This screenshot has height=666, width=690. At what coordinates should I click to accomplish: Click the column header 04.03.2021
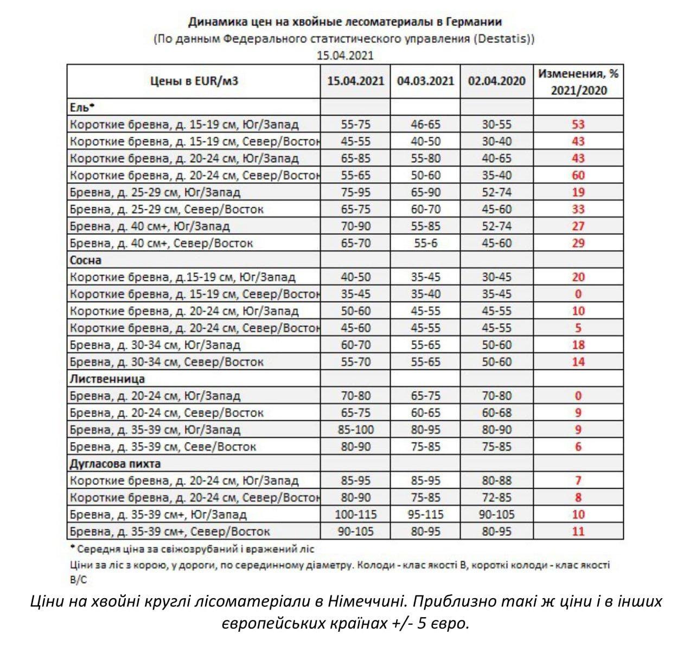click(425, 81)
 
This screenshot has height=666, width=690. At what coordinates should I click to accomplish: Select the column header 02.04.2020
click(496, 81)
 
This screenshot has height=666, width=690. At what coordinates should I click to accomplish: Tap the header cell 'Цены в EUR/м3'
click(194, 81)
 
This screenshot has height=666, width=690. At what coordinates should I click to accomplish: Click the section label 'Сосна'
click(86, 260)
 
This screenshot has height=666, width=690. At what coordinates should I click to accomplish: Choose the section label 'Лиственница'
click(107, 379)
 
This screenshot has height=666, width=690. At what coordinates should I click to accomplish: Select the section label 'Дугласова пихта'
click(115, 464)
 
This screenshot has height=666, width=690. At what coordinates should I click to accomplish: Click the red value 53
click(578, 124)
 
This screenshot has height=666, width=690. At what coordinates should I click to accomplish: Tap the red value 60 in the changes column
click(578, 175)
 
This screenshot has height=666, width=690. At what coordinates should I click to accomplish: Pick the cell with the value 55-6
click(425, 243)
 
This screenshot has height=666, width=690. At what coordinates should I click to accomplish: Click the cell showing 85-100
click(355, 430)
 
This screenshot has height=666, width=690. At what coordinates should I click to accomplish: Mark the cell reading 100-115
click(355, 514)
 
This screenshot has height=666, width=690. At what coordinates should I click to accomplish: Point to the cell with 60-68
click(496, 413)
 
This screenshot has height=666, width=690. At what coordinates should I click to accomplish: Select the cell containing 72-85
click(496, 497)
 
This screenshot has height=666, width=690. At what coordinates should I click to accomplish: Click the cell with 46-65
click(425, 124)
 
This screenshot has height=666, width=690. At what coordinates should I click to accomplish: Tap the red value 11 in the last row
click(578, 531)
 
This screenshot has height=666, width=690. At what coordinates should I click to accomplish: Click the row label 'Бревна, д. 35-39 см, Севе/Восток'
click(163, 447)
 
